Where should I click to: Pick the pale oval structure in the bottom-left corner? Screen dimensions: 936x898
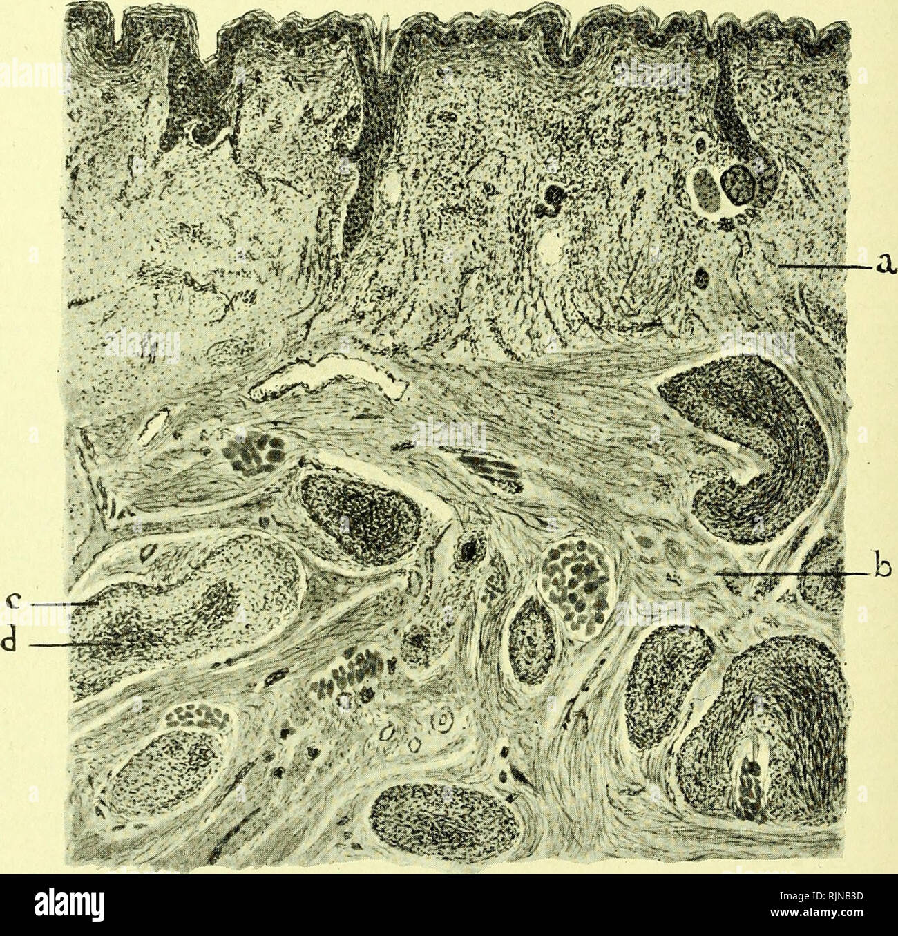[173, 767]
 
